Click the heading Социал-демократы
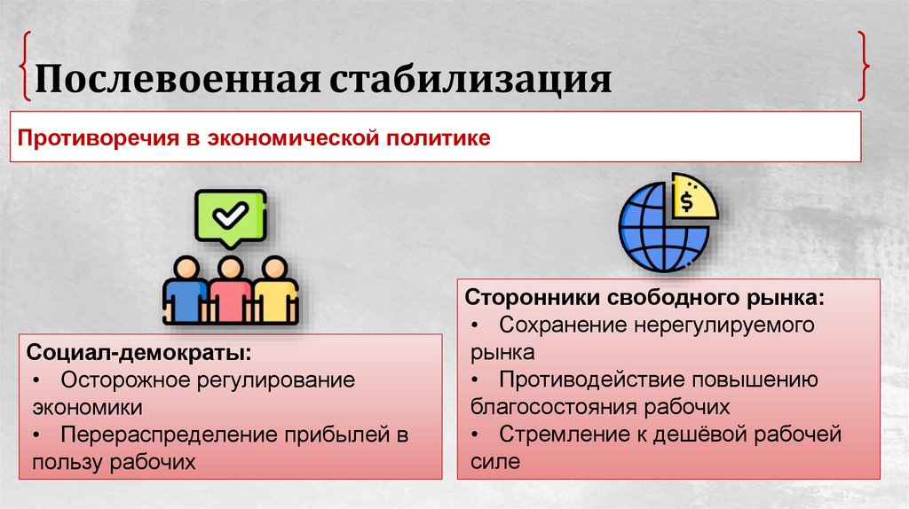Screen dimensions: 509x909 [x=139, y=352]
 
